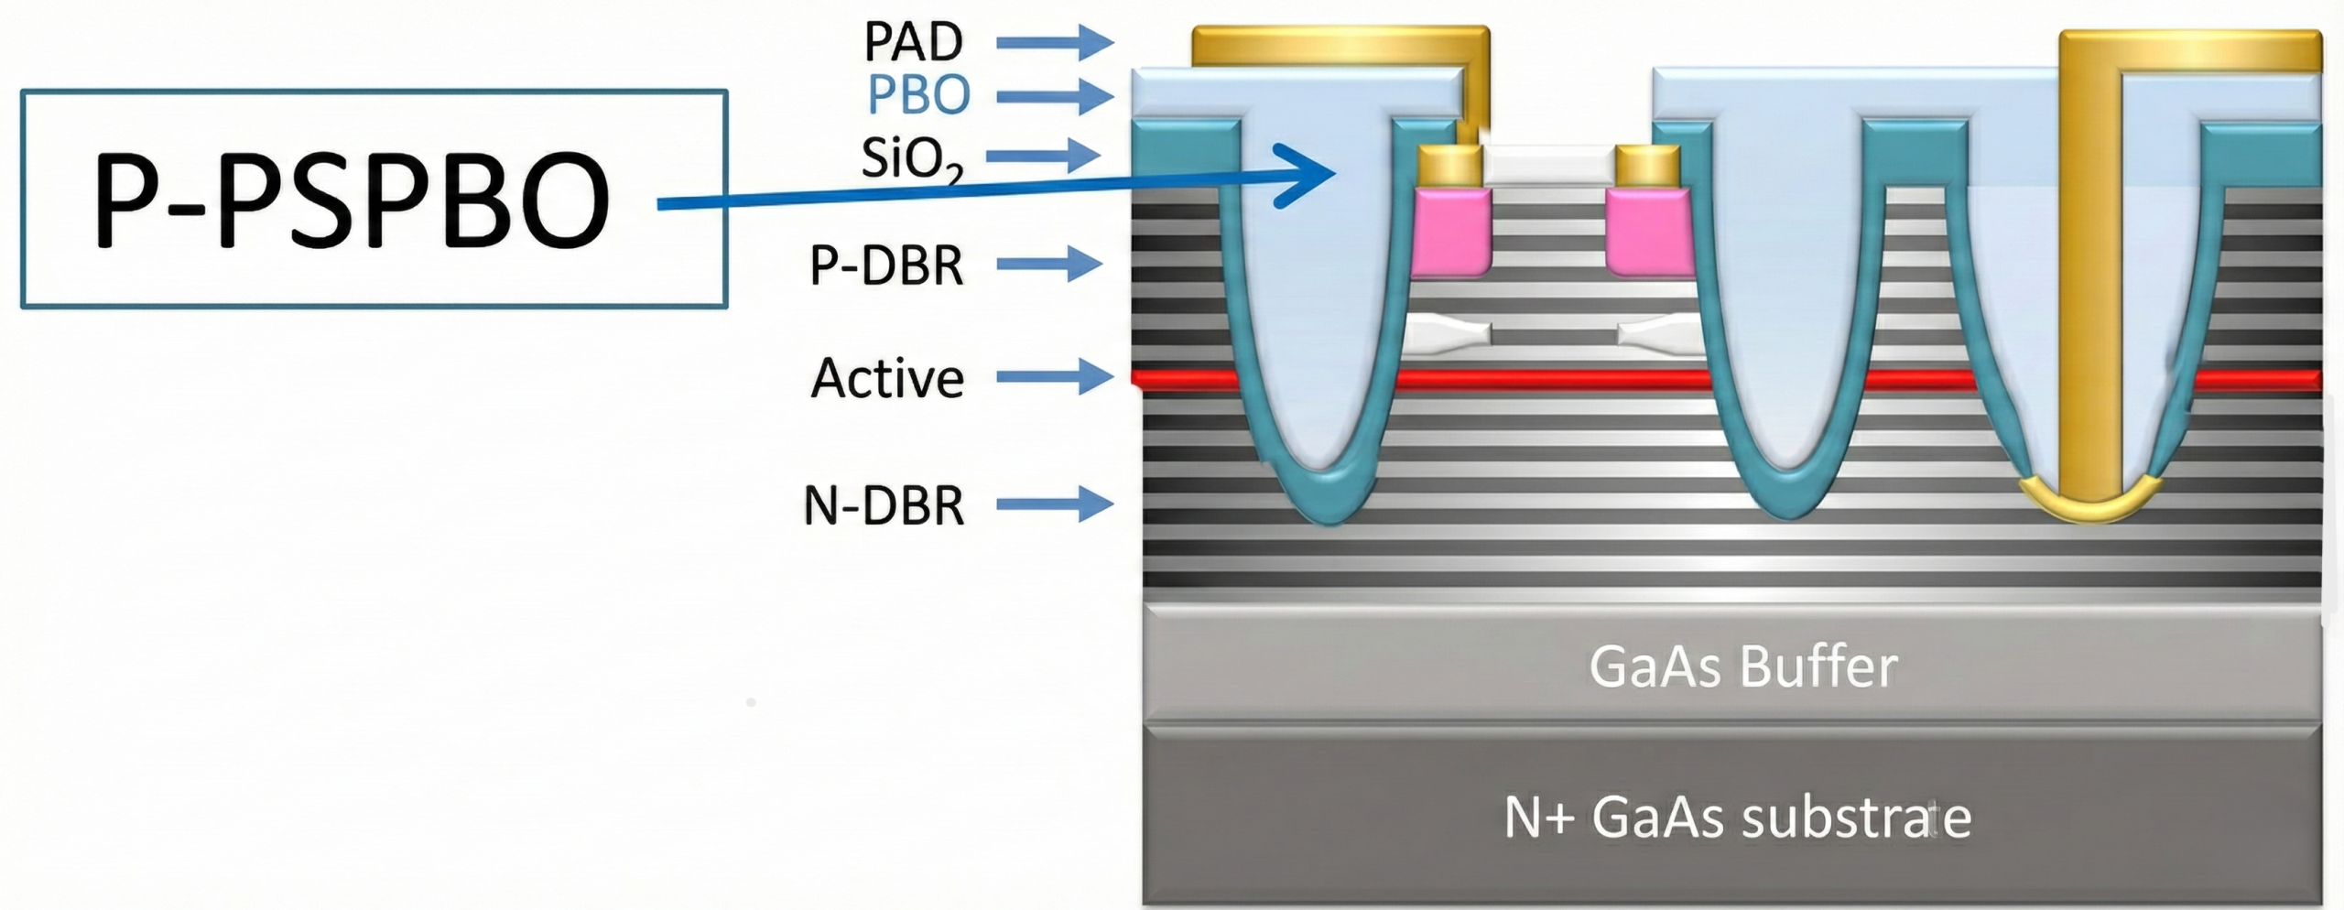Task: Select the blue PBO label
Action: tap(918, 94)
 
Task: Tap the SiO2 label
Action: tap(912, 158)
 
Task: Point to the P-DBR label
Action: tap(886, 265)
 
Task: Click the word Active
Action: tap(887, 378)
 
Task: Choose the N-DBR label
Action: tap(884, 505)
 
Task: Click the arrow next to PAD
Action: tap(1054, 42)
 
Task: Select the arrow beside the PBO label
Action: tap(1054, 95)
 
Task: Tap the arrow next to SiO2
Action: tap(1044, 156)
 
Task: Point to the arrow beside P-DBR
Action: tap(1049, 265)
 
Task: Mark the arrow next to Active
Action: tap(1054, 376)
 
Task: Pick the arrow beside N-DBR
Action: tap(1054, 504)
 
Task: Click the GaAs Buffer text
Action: tap(1742, 666)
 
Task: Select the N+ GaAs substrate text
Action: tap(1737, 817)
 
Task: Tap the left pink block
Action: tap(1452, 233)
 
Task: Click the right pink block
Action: tap(1648, 233)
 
